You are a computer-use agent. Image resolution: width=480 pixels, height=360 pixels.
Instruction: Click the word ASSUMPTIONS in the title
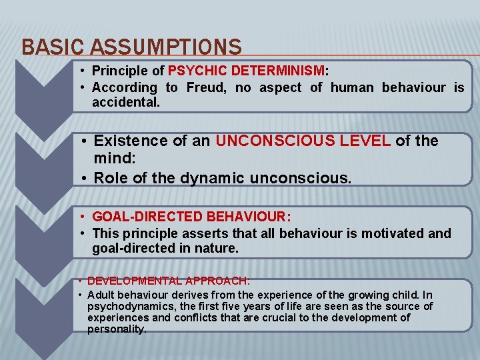pyautogui.click(x=166, y=47)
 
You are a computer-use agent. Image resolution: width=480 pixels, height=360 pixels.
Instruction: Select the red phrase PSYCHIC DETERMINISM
pyautogui.click(x=247, y=71)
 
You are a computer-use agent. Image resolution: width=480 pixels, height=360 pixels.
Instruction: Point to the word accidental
pyautogui.click(x=126, y=104)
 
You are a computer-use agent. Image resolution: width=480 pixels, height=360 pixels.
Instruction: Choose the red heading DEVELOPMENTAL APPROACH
pyautogui.click(x=168, y=281)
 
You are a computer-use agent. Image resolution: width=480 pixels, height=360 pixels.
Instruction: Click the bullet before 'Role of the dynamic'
pyautogui.click(x=85, y=178)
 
